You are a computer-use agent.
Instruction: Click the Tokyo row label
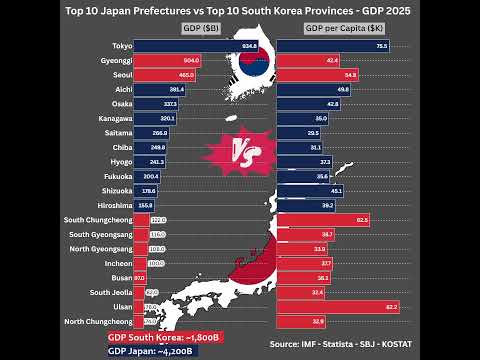click(x=123, y=46)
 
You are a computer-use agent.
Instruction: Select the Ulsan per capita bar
click(x=339, y=307)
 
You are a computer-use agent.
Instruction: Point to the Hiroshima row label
click(x=115, y=205)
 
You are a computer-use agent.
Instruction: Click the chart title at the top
click(x=239, y=11)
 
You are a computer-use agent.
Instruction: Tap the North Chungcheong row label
click(x=98, y=321)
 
